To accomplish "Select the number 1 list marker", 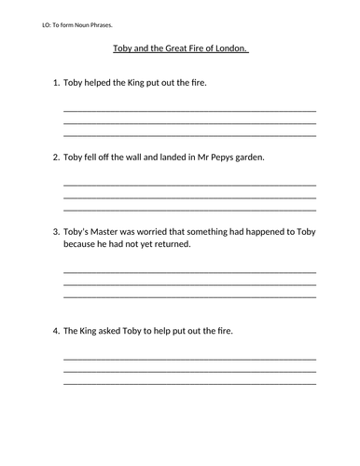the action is [55, 83].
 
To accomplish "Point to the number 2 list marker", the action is [55, 157].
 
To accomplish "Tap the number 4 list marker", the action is [55, 331].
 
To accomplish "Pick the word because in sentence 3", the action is [81, 244].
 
